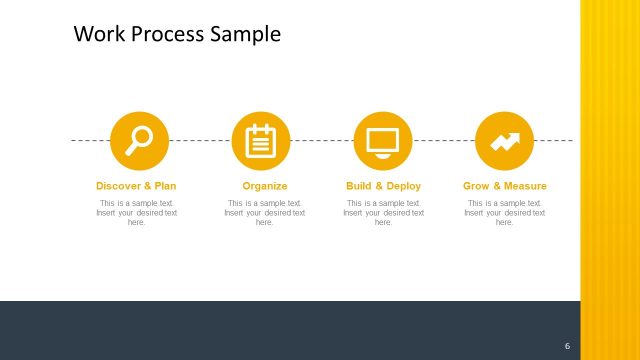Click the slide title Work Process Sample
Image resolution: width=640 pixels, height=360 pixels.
[177, 34]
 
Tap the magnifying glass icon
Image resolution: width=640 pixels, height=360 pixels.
[139, 140]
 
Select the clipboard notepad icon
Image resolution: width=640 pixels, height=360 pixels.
[261, 140]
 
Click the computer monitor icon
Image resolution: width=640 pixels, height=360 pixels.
[383, 141]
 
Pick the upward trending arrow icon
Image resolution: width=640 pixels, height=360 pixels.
[504, 140]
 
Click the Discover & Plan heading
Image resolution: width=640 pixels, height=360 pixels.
[136, 186]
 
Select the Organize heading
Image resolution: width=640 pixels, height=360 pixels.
[265, 186]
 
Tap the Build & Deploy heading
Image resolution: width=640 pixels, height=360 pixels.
[383, 186]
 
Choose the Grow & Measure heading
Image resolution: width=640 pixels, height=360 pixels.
[505, 186]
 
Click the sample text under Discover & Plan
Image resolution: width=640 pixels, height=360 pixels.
[136, 212]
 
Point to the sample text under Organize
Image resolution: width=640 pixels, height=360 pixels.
[265, 212]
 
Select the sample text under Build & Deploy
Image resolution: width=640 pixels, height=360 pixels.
[383, 212]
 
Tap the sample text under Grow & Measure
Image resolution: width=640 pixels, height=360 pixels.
[505, 212]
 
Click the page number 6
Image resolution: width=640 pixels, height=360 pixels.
[567, 346]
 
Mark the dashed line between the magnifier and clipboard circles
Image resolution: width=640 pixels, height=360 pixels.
[200, 140]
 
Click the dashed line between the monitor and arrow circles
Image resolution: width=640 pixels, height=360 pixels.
[444, 140]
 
